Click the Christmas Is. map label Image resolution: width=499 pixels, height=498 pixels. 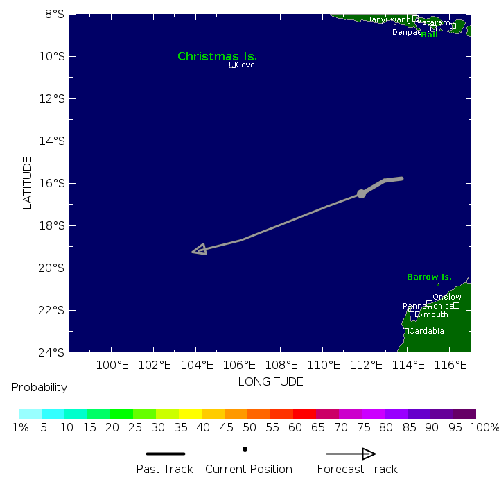(217, 56)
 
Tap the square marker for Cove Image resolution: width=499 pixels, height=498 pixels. (232, 65)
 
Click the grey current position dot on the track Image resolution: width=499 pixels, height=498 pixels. (361, 194)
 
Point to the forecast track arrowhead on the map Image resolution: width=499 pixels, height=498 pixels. (200, 250)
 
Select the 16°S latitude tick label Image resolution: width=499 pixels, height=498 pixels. (54, 183)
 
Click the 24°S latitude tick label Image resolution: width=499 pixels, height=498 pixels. (54, 352)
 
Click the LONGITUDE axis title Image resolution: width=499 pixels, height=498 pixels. (270, 381)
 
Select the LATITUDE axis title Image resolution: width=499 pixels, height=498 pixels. (28, 182)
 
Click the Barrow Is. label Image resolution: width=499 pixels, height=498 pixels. (429, 277)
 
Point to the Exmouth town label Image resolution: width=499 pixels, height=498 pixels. (431, 314)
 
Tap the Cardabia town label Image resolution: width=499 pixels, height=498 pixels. (426, 331)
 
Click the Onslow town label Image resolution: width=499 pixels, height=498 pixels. (446, 297)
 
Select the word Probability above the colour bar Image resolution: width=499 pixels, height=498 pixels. (40, 387)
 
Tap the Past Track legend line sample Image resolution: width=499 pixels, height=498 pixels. (165, 454)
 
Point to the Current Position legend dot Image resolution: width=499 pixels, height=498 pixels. (245, 449)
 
